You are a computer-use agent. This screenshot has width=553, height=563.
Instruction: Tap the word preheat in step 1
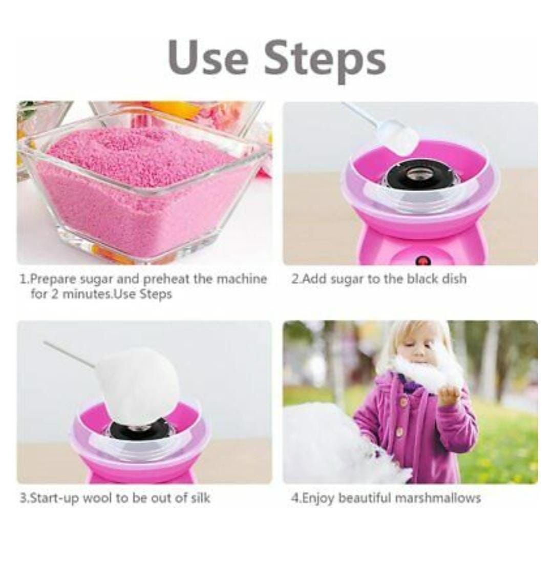pos(167,279)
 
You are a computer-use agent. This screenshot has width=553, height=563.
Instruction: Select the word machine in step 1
pos(238,279)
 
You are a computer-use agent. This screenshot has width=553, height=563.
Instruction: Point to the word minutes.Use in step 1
pos(99,294)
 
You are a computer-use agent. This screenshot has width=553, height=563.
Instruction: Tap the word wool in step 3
pos(97,498)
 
